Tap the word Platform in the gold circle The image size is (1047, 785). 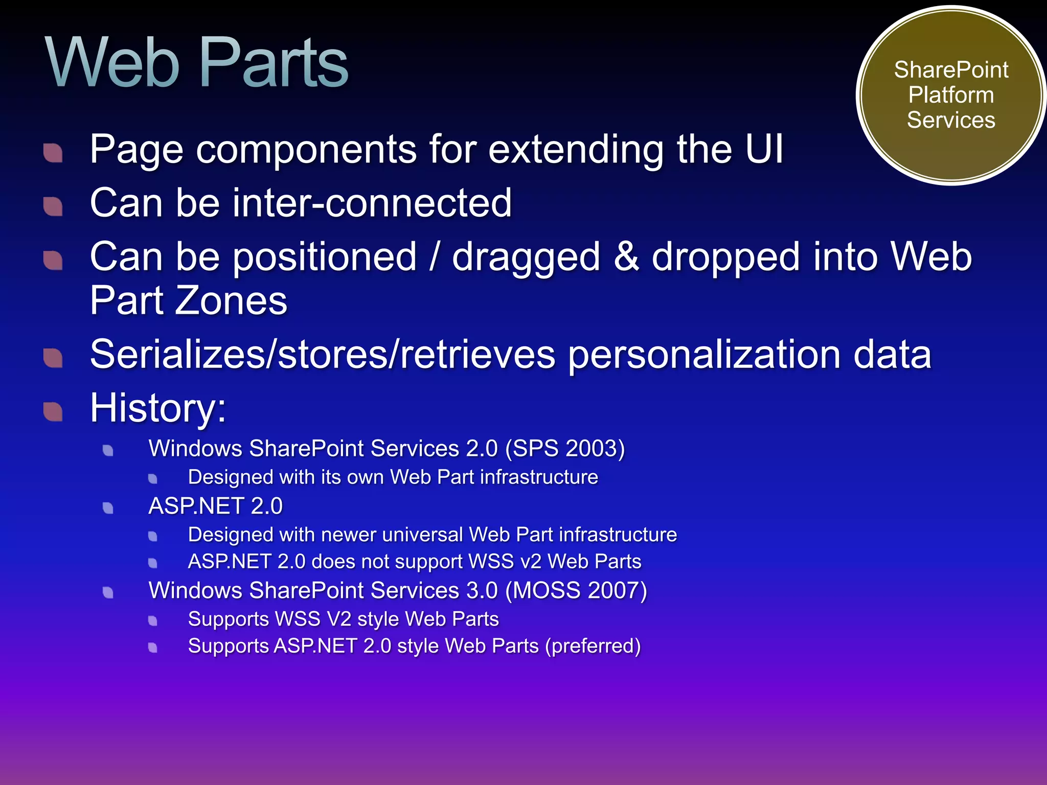[951, 95]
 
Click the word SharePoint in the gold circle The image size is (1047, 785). [951, 70]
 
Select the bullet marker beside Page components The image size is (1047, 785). [53, 152]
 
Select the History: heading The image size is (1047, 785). [158, 408]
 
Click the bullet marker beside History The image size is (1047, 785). [53, 411]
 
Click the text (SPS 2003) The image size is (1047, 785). [565, 449]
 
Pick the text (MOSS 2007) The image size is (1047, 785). [576, 590]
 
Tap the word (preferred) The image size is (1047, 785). [593, 646]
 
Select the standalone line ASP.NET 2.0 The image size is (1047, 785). [215, 506]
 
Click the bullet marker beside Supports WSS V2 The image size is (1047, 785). [153, 621]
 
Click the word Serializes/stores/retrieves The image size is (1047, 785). [323, 354]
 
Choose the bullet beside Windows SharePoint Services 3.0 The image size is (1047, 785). [108, 592]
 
